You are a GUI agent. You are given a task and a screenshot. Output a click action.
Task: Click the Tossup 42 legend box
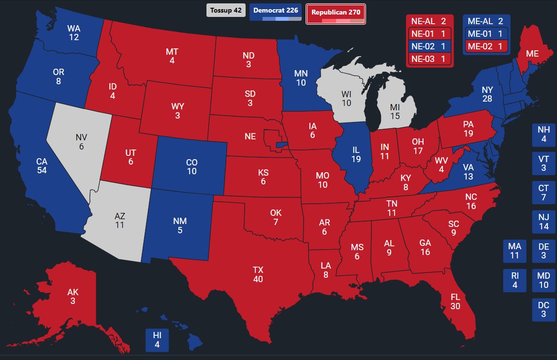[x=226, y=10]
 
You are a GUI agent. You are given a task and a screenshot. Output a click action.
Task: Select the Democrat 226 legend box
[x=276, y=11]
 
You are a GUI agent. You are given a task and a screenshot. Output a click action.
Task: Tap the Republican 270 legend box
[x=336, y=13]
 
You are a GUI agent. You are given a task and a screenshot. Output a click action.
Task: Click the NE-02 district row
[x=429, y=46]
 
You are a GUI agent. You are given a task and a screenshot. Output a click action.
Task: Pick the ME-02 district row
[x=486, y=46]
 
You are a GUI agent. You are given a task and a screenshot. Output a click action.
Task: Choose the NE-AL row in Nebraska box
[x=429, y=21]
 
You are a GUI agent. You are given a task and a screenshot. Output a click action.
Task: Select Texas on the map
[x=258, y=273]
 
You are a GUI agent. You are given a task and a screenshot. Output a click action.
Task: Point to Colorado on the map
[x=191, y=166]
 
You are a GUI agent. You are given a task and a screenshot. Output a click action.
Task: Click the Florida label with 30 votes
[x=455, y=301]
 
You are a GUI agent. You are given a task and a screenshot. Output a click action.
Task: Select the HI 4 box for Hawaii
[x=157, y=340]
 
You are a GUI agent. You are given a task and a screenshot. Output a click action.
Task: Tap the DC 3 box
[x=543, y=310]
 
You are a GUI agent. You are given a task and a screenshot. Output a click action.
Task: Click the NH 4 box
[x=543, y=135]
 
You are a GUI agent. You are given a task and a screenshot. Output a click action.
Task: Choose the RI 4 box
[x=514, y=280]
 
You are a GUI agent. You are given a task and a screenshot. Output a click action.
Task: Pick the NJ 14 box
[x=543, y=222]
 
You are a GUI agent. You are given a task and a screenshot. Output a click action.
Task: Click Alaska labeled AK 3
[x=73, y=297]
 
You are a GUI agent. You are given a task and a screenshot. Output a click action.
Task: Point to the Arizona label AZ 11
[x=120, y=220]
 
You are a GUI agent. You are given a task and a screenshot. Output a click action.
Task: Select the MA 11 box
[x=514, y=251]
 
